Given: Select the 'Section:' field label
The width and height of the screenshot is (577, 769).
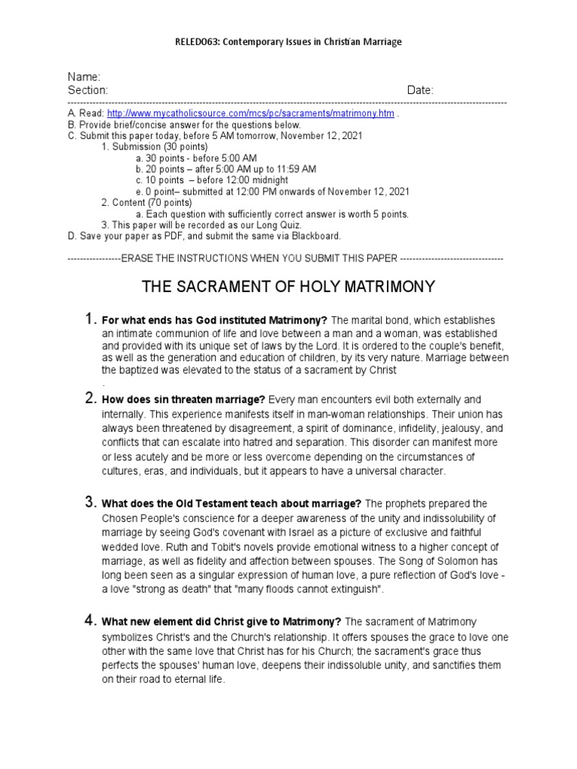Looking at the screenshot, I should coord(89,90).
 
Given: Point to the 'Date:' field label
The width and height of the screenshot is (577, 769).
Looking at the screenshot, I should coord(420,90).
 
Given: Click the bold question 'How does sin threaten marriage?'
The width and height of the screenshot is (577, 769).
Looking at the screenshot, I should coord(184,400).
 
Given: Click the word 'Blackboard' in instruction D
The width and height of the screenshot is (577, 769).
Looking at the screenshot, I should coord(315,235).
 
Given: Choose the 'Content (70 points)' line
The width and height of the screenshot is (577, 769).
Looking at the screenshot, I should coord(142,203).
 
